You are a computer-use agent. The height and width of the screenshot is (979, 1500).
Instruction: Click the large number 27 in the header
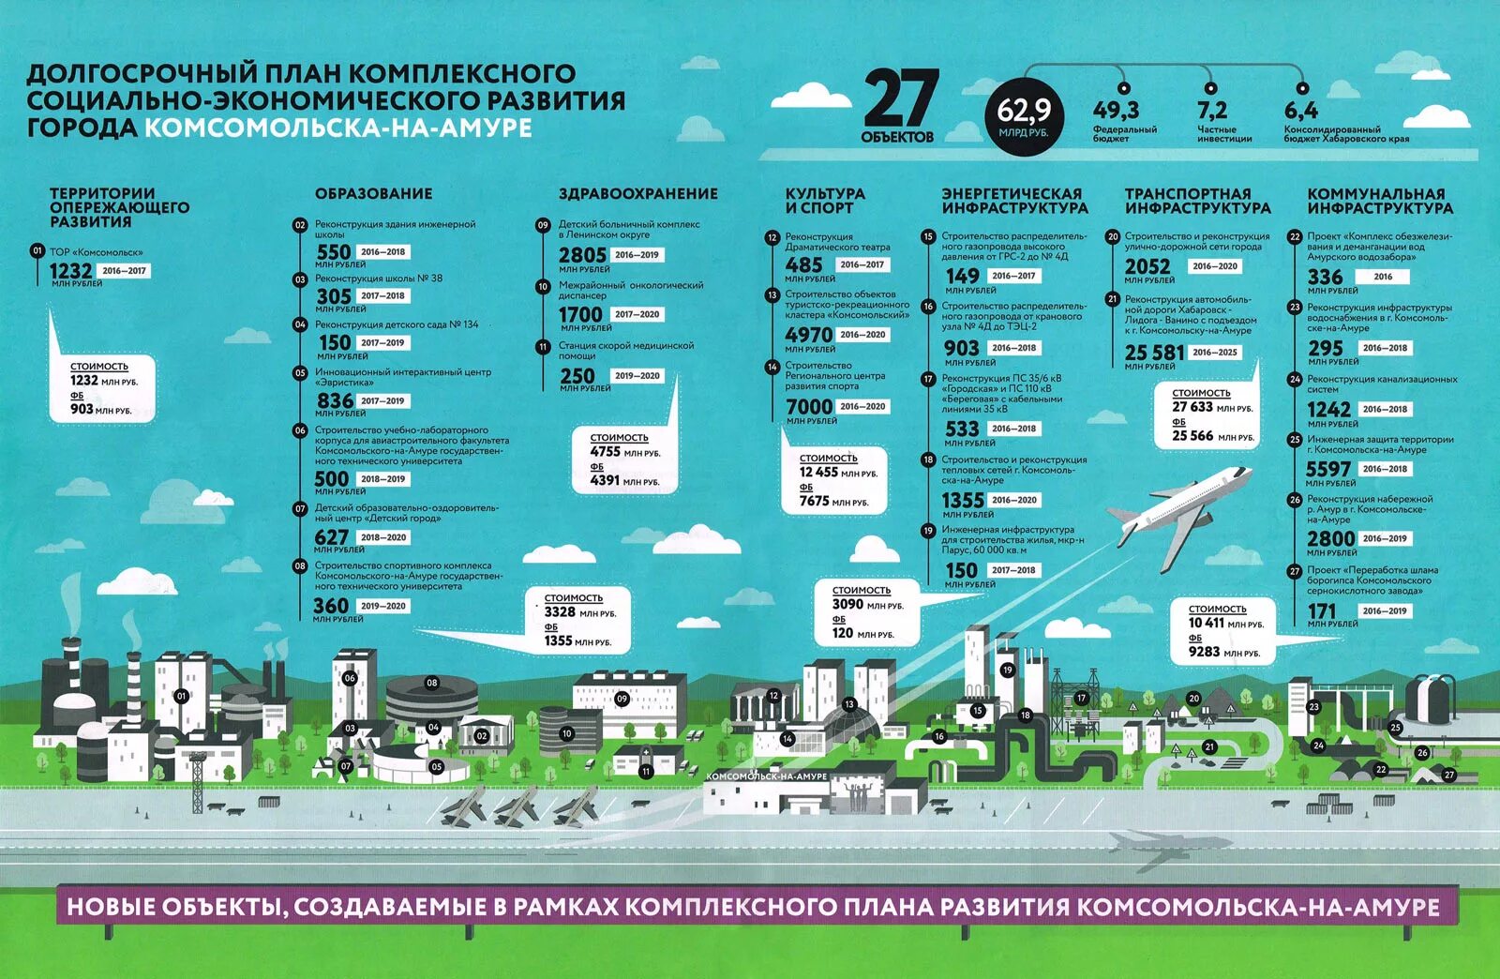(x=899, y=98)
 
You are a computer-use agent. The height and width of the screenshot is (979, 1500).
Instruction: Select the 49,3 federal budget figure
(x=1116, y=111)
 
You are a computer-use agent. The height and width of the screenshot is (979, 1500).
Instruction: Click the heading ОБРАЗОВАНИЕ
(x=373, y=194)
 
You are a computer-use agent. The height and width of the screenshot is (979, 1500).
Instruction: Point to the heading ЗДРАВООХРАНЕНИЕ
(x=638, y=194)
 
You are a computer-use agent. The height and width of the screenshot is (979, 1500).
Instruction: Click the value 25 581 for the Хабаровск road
(x=1155, y=353)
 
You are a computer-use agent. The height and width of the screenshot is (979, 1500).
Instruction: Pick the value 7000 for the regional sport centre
(x=809, y=407)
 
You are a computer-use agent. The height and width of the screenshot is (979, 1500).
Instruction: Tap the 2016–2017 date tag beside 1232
(x=125, y=271)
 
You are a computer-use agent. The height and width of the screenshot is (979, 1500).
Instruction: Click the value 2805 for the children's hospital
(x=582, y=255)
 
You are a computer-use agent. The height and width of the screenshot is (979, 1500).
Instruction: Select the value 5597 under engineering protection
(x=1328, y=469)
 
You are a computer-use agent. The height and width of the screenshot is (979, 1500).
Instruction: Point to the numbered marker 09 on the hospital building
(x=622, y=699)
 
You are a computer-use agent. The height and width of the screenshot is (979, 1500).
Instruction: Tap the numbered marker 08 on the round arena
(x=431, y=683)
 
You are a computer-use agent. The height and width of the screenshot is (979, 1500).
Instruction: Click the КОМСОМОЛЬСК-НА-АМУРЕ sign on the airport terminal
(x=766, y=776)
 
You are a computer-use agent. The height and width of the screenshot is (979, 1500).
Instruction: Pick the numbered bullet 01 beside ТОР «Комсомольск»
(x=37, y=251)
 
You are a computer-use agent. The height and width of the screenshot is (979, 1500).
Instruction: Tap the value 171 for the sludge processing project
(x=1322, y=611)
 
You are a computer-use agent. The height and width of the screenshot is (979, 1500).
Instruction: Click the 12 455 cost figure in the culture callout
(x=818, y=473)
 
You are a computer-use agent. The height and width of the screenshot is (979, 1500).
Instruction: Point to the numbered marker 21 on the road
(x=1209, y=747)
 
